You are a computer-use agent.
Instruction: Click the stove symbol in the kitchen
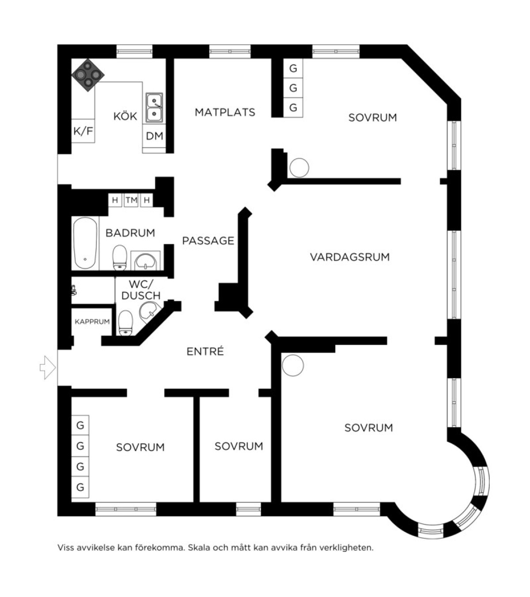tap(88, 75)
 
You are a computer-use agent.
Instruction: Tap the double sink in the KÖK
tap(154, 107)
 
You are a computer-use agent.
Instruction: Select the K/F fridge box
tap(83, 131)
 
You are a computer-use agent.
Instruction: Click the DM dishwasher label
tap(155, 136)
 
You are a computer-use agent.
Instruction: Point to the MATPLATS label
tap(225, 112)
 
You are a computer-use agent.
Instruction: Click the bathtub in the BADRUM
tap(85, 243)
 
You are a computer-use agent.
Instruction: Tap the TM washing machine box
tap(131, 200)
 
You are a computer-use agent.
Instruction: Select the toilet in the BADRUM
tap(120, 257)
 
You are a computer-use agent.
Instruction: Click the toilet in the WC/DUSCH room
tap(126, 323)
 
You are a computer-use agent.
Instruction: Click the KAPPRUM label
tap(92, 321)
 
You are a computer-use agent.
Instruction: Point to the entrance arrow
tap(48, 367)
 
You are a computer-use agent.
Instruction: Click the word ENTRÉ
tap(205, 351)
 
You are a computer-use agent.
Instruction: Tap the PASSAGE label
tap(208, 241)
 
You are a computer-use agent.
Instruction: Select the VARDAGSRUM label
tap(350, 257)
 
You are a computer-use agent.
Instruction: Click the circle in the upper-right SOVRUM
tap(299, 168)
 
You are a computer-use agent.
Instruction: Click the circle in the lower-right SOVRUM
tap(293, 365)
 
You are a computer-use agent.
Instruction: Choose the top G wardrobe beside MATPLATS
tap(293, 69)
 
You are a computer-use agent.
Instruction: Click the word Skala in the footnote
tap(198, 547)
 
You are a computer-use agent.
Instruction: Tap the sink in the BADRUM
tap(145, 261)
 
